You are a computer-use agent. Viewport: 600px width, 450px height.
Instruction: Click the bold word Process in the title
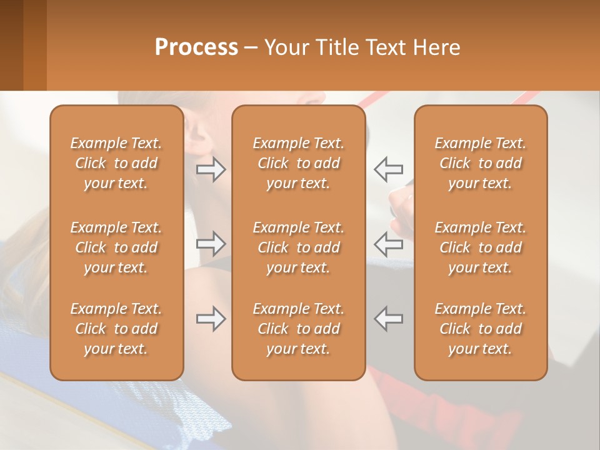196,47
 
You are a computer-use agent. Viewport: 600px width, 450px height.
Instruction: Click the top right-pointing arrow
211,169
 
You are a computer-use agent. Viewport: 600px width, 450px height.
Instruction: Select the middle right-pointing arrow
211,244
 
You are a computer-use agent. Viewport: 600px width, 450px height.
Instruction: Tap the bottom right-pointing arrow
211,319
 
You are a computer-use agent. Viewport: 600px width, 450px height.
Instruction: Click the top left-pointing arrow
388,169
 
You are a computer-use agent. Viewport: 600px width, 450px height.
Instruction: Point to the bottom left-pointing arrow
388,319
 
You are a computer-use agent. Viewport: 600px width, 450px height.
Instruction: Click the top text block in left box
116,163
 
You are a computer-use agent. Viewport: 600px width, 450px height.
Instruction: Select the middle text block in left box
116,247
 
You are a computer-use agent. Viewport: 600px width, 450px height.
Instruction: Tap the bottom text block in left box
116,329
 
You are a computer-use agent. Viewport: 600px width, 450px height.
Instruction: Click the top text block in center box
298,163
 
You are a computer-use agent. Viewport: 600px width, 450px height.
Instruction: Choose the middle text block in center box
298,247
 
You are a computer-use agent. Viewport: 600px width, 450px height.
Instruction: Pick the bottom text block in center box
298,329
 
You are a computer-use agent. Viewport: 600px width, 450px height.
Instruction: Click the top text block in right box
480,163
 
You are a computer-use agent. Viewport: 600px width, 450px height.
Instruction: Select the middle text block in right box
480,247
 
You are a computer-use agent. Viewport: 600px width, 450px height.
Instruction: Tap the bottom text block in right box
480,329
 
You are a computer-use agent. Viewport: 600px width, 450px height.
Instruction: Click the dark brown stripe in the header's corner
11,45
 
